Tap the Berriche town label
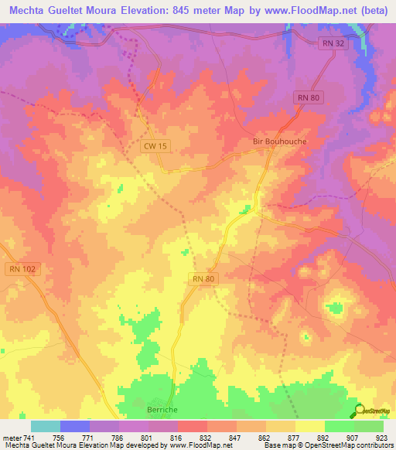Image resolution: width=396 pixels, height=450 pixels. (162, 411)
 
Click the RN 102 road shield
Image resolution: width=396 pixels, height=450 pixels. (23, 269)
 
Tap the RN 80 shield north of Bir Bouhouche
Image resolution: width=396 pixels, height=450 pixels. (307, 97)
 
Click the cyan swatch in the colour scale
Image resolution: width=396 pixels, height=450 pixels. (46, 426)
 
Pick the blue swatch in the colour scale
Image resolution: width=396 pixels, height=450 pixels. (75, 426)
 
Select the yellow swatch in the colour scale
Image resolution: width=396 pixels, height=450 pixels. (310, 426)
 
